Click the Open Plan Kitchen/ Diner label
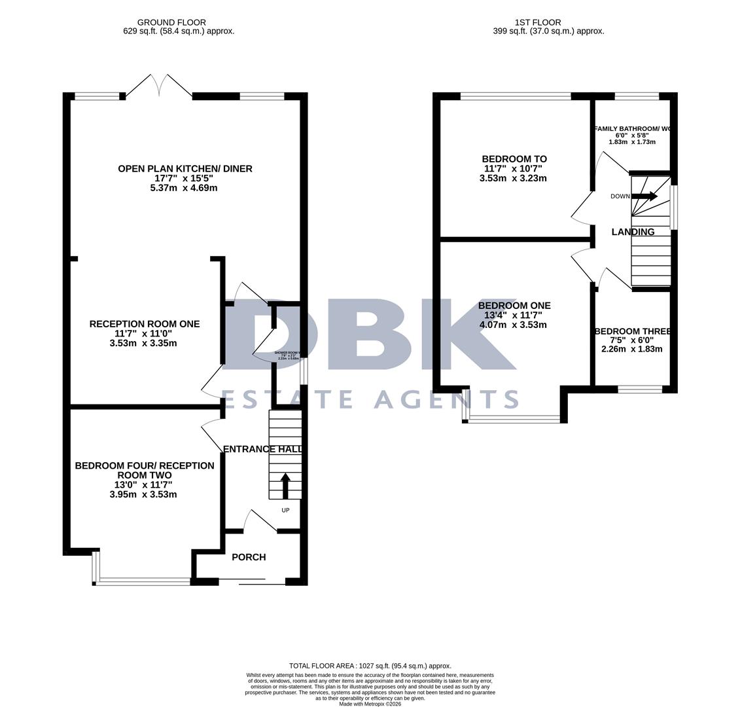coord(185,169)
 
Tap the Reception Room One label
coord(144,324)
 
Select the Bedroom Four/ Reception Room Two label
coord(144,470)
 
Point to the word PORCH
coord(249,557)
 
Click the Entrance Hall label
coord(262,449)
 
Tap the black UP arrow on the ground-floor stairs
coord(285,485)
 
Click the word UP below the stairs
coord(285,511)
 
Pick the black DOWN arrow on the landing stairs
coord(645,196)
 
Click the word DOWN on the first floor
coord(620,196)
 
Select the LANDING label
coord(633,232)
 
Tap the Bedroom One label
coord(514,306)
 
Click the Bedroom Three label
coord(633,332)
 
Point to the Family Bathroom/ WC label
coord(632,128)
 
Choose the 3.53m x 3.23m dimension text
coord(513,178)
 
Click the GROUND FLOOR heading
coord(171,22)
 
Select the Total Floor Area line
coord(370,666)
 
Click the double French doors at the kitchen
coord(159,86)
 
